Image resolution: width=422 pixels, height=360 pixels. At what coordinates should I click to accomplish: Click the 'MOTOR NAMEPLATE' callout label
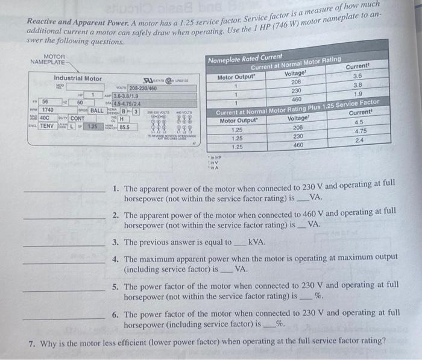point(46,59)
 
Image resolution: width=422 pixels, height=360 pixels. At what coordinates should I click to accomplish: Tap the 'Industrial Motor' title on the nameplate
point(78,78)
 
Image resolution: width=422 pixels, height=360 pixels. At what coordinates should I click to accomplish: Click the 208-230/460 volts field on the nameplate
point(142,88)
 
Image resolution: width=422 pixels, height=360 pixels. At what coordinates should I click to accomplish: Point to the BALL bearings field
point(97,110)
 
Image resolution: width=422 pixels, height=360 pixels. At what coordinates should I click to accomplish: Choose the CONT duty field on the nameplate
point(77,118)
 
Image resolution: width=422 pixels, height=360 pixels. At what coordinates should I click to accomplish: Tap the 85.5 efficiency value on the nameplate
point(124,127)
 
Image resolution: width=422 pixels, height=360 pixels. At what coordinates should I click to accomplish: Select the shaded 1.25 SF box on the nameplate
point(92,127)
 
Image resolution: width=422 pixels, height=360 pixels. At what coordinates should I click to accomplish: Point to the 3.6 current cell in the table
point(357,76)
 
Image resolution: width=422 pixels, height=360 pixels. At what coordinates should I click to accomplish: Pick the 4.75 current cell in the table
point(361,131)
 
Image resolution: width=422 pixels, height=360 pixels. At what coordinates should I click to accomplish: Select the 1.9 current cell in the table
point(358,94)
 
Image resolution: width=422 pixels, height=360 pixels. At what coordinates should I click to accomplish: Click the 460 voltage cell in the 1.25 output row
point(298,145)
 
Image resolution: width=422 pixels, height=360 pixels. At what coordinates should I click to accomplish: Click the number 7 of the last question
point(32,341)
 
